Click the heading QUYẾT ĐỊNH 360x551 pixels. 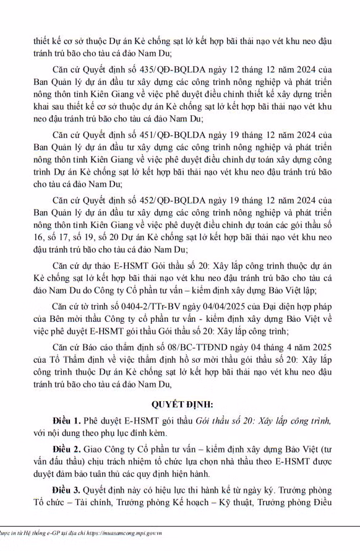(x=179, y=404)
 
